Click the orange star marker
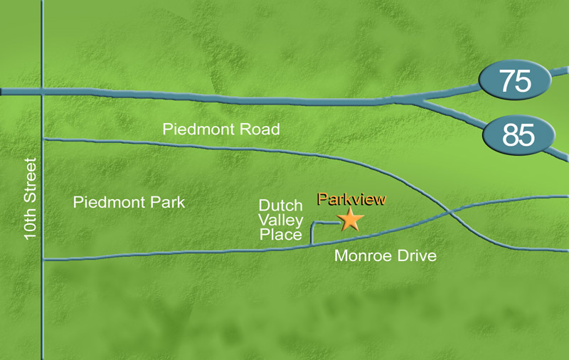point(350,219)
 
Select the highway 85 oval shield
point(519,134)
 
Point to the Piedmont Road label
point(221,129)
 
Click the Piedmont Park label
point(129,203)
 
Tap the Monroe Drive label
point(385,256)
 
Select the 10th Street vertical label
point(31,199)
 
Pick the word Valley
point(280,220)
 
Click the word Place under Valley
point(280,235)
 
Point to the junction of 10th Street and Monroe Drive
point(43,260)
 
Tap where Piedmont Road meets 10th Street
point(43,139)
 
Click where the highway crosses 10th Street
point(43,92)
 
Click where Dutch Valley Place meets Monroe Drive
point(312,245)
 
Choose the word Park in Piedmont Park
point(168,203)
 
